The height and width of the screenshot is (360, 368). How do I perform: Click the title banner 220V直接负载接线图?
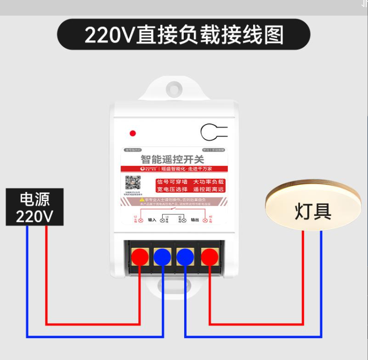point(184,34)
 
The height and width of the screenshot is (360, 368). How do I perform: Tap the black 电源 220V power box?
point(35,207)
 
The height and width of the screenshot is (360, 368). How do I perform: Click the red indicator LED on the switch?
point(132,133)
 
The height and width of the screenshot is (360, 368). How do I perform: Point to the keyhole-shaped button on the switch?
point(213,132)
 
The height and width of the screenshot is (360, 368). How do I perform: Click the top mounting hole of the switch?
point(173,89)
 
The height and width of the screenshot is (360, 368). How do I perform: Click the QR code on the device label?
point(133,183)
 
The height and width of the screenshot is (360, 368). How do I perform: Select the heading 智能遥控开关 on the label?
point(173,159)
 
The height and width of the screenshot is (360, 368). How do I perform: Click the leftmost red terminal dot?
point(140,256)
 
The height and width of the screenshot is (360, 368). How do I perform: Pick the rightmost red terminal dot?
point(209,256)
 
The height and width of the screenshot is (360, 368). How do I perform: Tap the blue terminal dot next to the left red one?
point(162,256)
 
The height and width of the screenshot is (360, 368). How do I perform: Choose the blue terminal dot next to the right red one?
point(186,256)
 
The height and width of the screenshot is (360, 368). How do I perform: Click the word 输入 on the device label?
point(152,220)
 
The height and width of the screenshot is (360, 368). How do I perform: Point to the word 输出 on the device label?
point(195,220)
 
